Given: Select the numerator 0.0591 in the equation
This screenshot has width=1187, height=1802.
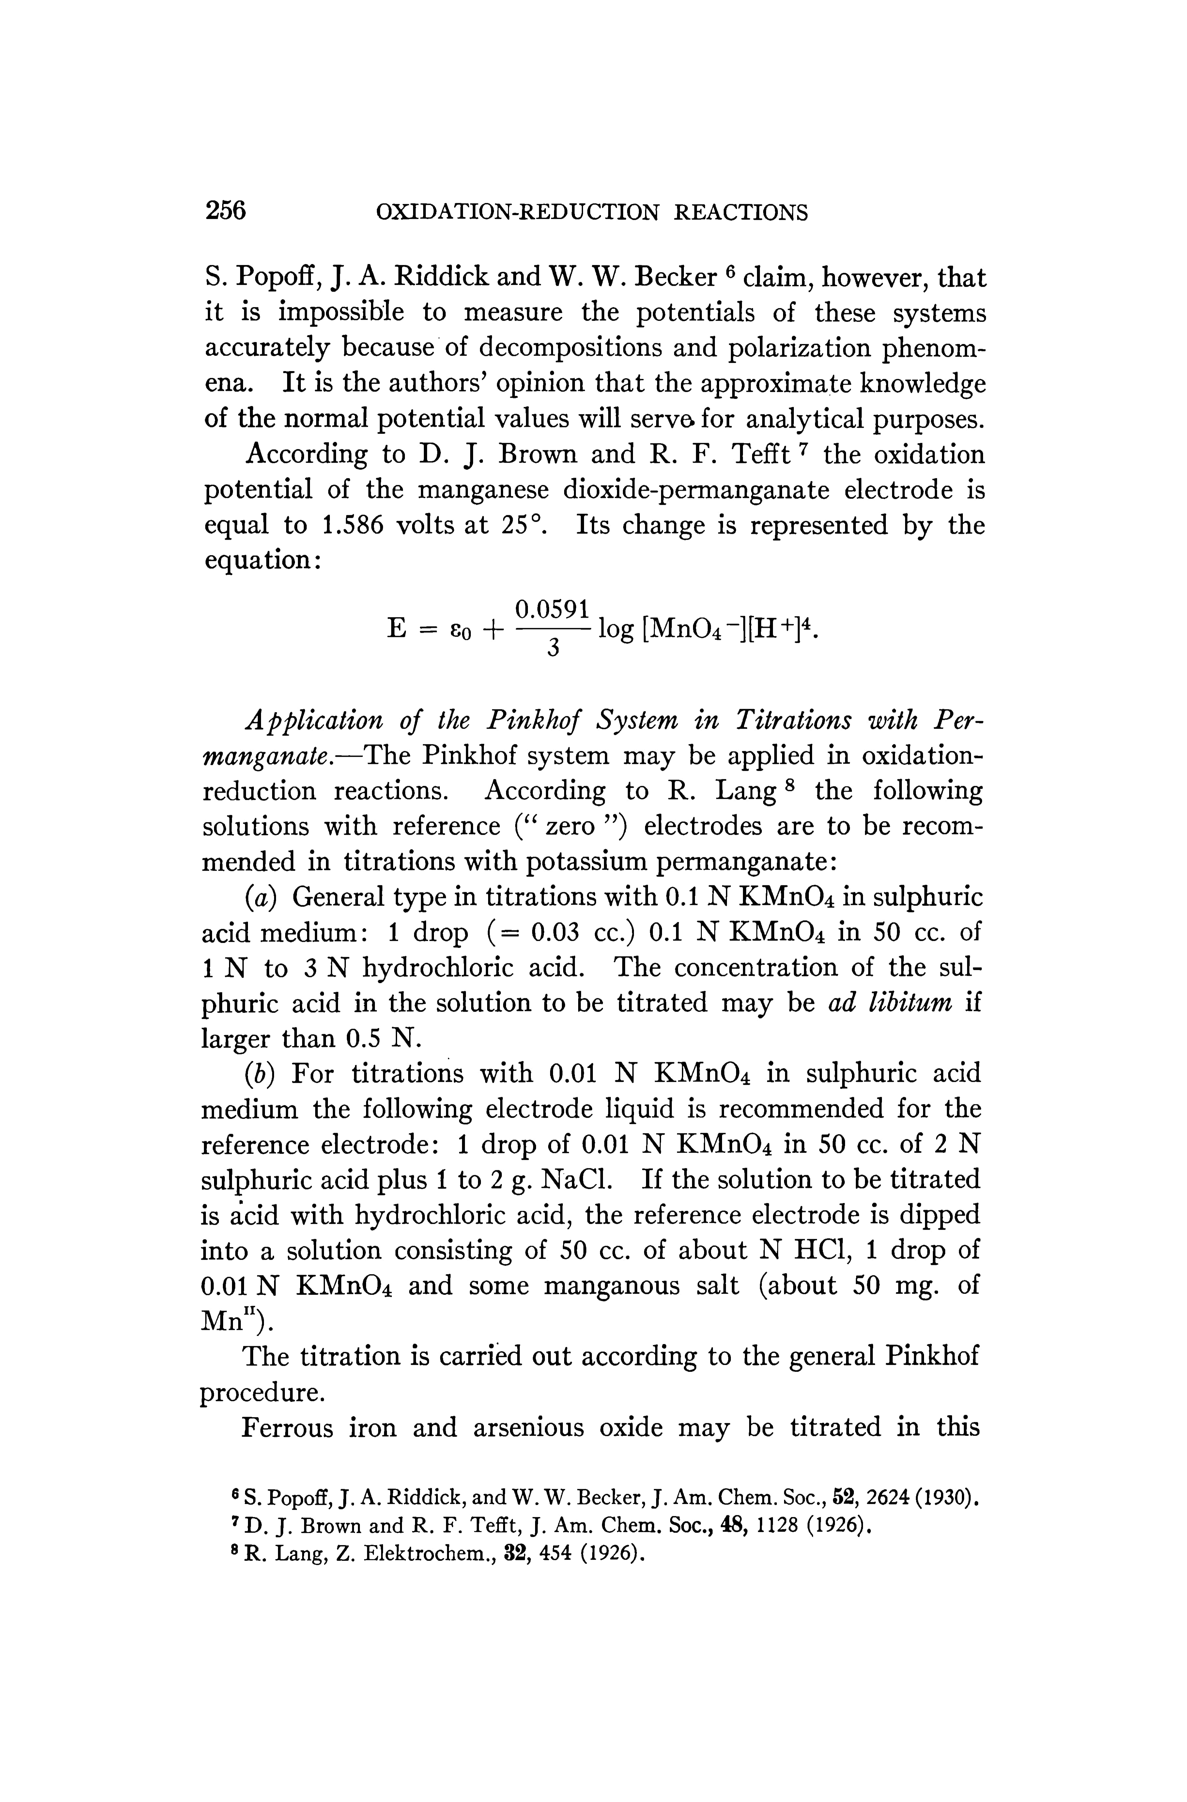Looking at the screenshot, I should coord(552,608).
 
